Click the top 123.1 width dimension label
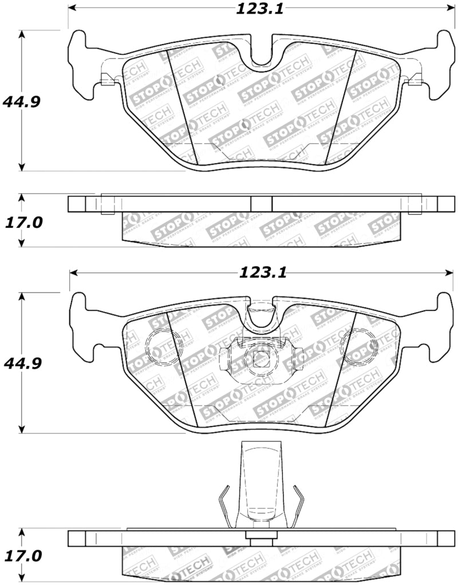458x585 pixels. coord(259,9)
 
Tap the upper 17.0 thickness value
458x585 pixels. coord(23,222)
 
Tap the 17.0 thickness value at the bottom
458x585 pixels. coord(23,556)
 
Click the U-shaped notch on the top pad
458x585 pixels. coord(260,54)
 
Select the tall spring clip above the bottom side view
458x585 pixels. coord(260,487)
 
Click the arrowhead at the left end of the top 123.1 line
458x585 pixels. coord(72,9)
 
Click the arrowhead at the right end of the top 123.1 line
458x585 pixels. coord(449,9)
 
